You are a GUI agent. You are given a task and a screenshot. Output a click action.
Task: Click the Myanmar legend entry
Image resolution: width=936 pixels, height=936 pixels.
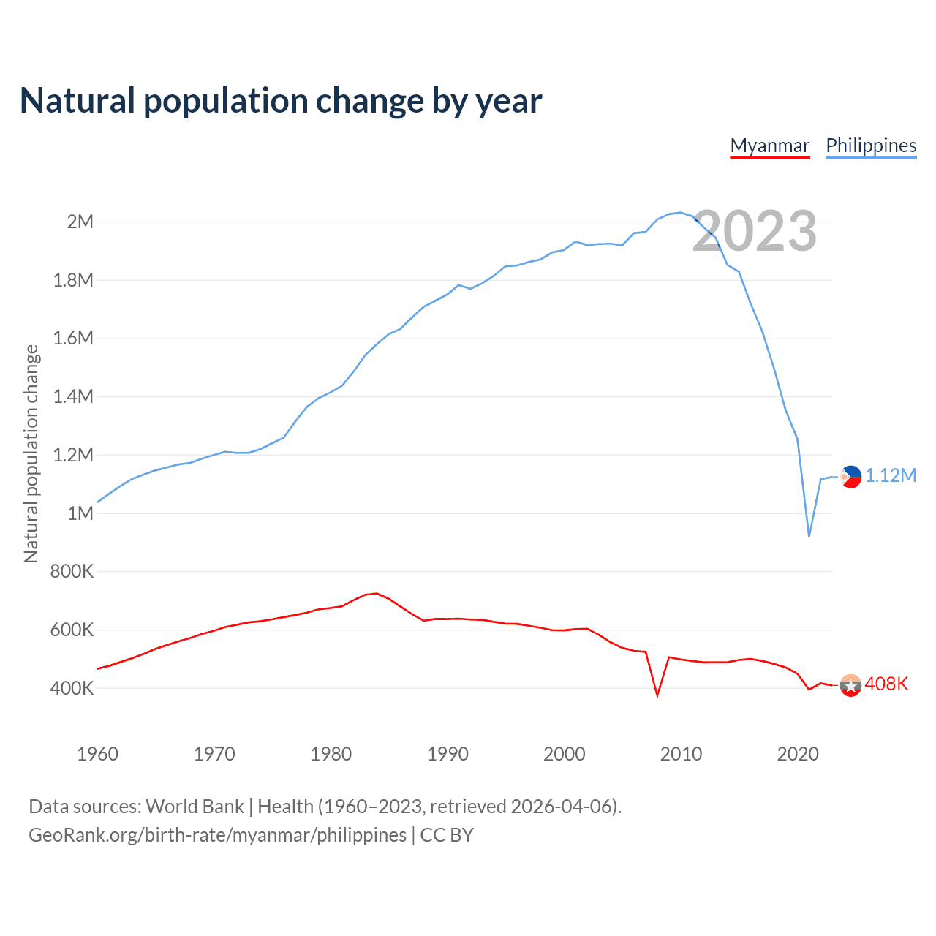tap(770, 146)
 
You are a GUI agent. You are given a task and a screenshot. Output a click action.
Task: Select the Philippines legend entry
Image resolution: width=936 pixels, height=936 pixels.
tap(871, 146)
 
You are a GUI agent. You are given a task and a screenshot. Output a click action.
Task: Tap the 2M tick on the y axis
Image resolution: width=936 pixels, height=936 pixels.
tap(80, 222)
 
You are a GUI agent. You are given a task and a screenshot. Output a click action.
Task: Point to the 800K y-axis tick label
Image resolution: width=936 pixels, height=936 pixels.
tap(72, 572)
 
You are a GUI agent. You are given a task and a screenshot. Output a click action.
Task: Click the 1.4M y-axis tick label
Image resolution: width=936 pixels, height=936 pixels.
tap(73, 396)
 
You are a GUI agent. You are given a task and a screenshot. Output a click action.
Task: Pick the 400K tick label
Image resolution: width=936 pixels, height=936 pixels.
tap(72, 688)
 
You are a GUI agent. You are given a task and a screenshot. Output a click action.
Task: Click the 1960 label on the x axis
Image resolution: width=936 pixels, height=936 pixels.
tap(97, 754)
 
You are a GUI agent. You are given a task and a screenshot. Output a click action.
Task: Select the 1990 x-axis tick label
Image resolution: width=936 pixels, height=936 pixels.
tap(448, 754)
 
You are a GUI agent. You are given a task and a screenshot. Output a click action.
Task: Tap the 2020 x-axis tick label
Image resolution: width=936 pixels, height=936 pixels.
tap(798, 754)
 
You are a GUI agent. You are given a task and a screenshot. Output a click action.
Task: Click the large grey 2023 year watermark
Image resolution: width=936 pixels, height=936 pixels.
tap(754, 231)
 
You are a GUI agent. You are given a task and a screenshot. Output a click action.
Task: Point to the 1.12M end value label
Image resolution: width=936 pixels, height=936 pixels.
tap(891, 476)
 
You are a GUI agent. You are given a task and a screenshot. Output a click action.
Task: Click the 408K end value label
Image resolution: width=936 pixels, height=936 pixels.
tap(886, 684)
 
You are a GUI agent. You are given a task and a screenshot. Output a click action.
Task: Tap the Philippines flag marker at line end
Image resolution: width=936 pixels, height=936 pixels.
tap(850, 477)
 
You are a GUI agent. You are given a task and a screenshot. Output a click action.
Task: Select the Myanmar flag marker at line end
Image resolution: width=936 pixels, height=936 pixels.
tap(850, 685)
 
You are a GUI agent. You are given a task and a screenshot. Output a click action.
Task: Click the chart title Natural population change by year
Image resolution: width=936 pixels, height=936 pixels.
tap(281, 101)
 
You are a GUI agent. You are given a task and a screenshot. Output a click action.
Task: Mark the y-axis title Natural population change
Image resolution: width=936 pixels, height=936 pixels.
tap(31, 454)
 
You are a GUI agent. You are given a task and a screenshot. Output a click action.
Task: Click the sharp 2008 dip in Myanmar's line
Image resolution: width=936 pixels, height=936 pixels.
tap(657, 695)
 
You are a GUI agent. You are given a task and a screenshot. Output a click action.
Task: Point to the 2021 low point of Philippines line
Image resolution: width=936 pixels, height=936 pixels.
tap(809, 536)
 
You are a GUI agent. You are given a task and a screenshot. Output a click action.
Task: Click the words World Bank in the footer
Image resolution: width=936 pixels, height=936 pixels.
tap(195, 807)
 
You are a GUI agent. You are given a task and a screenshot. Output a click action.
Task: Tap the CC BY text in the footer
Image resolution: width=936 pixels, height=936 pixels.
tap(447, 835)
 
